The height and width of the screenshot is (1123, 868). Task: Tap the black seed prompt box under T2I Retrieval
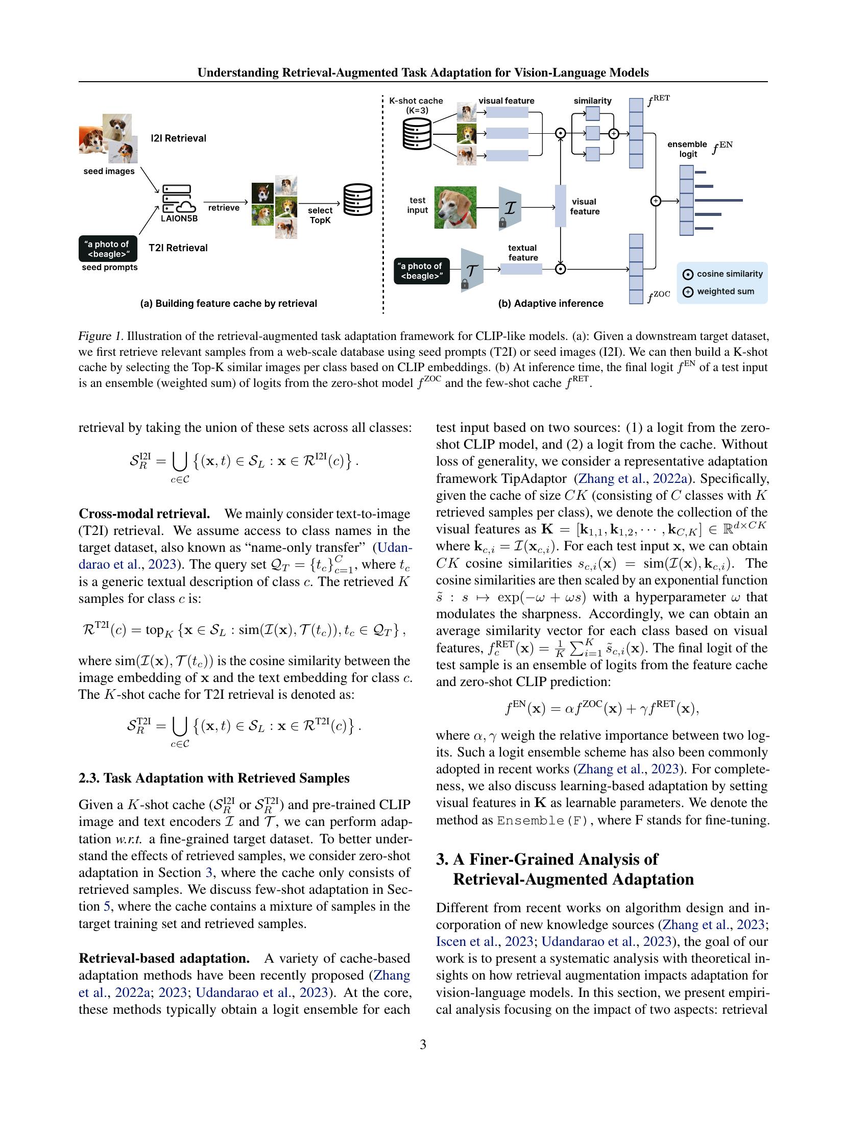point(108,249)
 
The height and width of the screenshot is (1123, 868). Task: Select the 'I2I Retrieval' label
point(178,138)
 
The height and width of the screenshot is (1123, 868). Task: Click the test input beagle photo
point(455,207)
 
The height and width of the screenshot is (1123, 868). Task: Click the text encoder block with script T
point(472,270)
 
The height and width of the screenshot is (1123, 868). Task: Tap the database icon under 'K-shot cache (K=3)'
point(417,133)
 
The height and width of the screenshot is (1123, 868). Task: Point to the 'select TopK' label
point(320,215)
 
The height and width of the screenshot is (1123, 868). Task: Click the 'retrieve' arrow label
point(224,208)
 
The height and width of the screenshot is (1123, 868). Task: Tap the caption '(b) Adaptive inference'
point(550,303)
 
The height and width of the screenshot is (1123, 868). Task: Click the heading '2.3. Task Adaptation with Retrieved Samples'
point(214,778)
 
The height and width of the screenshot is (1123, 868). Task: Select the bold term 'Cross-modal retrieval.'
point(144,514)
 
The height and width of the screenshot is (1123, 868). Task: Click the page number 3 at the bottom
point(423,1044)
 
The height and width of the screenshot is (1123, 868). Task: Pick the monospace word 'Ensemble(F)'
point(542,820)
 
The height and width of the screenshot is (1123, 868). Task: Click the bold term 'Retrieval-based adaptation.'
point(164,959)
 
